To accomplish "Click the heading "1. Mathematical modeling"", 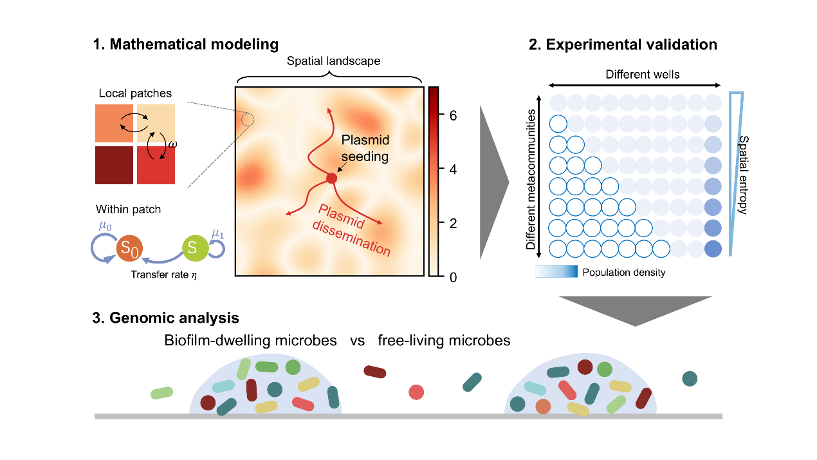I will pyautogui.click(x=186, y=44).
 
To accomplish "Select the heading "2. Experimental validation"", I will pyautogui.click(x=623, y=44).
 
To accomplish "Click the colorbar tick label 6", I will pyautogui.click(x=453, y=117).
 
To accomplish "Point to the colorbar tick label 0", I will pyautogui.click(x=453, y=277).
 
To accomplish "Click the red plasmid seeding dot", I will pyautogui.click(x=331, y=178).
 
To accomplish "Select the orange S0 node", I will pyautogui.click(x=129, y=247).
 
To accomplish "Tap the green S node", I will pyautogui.click(x=192, y=247).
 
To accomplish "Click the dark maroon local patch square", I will pyautogui.click(x=114, y=166).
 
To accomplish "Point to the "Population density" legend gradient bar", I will pyautogui.click(x=556, y=272).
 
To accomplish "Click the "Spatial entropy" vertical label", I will pyautogui.click(x=742, y=175).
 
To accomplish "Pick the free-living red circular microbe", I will pyautogui.click(x=417, y=392).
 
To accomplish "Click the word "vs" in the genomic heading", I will pyautogui.click(x=357, y=340).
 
